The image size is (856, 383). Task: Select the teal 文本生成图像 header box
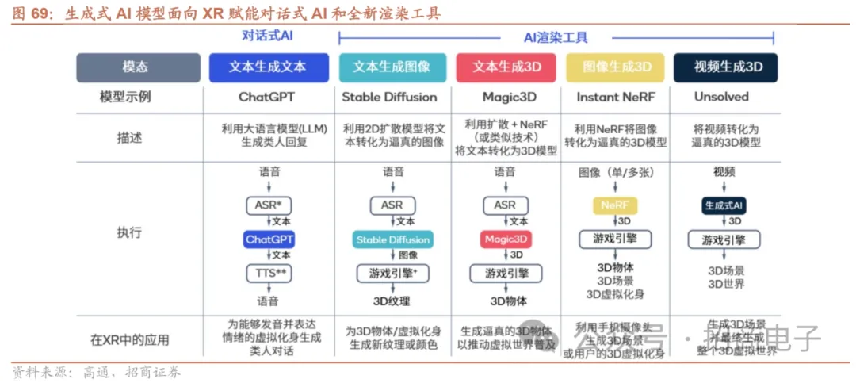(x=392, y=67)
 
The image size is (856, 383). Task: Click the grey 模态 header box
(x=138, y=67)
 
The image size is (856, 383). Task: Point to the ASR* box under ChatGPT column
(x=268, y=205)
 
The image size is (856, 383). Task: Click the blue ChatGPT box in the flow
(x=269, y=239)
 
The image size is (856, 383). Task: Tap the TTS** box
(x=268, y=273)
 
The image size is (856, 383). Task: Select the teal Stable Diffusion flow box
(x=392, y=239)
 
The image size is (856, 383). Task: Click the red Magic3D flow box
(x=505, y=239)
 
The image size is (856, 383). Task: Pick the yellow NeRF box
(x=615, y=205)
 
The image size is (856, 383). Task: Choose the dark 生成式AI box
(x=724, y=205)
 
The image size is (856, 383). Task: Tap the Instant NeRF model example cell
(x=616, y=98)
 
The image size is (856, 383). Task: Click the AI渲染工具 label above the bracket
(x=556, y=38)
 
